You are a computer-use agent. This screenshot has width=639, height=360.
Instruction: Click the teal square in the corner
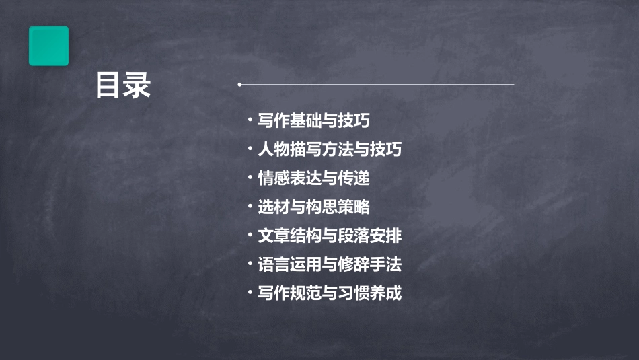48,46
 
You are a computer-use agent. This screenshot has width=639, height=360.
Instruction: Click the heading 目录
123,85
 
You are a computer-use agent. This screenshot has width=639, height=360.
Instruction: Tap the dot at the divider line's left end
239,85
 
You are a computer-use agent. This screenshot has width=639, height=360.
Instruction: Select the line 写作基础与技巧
313,121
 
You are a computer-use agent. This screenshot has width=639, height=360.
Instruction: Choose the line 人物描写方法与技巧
330,149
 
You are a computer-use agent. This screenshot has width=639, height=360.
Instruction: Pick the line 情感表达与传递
313,178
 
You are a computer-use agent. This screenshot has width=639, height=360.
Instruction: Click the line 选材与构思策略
313,207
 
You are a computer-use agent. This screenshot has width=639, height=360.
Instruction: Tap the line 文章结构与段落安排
330,236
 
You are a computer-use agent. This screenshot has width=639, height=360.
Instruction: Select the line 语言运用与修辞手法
330,265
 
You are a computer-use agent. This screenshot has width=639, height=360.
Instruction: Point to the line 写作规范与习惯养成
330,294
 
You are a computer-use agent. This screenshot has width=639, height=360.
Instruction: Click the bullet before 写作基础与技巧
250,120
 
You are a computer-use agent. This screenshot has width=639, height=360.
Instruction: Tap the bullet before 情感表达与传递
250,178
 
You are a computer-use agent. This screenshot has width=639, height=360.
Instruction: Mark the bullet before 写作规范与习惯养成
250,293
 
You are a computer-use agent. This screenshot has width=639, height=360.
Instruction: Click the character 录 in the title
138,85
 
